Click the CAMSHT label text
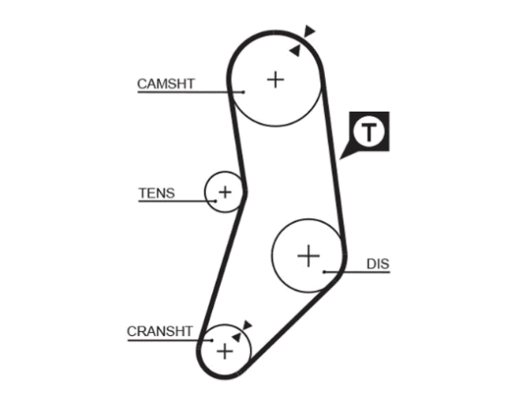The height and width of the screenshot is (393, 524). (166, 84)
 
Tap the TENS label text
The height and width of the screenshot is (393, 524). (156, 193)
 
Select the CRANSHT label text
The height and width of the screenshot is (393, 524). (160, 332)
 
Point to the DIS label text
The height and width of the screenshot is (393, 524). (378, 264)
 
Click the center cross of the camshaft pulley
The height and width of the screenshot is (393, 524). (276, 79)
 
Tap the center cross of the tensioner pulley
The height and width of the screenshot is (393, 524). (225, 192)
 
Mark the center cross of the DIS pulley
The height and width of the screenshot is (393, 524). (308, 256)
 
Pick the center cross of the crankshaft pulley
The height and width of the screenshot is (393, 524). (225, 351)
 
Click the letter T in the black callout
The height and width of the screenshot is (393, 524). (369, 132)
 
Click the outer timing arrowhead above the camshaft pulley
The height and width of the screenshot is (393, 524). (309, 31)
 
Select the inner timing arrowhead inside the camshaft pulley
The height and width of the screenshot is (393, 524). (295, 51)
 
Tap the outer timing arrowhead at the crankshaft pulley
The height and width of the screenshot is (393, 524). (247, 325)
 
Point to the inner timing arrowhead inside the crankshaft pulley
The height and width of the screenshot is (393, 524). (237, 337)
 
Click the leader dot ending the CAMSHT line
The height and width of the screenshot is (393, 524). (244, 92)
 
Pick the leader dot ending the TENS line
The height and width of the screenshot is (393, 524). (216, 201)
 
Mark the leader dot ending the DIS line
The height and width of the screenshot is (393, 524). (324, 272)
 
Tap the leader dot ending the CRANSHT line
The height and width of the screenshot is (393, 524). (212, 341)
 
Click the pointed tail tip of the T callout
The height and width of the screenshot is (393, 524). (340, 159)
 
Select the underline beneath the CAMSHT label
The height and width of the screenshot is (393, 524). (190, 92)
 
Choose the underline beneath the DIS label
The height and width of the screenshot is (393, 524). (357, 272)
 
